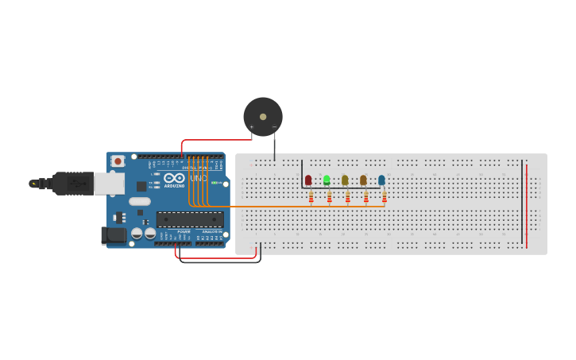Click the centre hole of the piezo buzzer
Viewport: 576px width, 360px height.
[263, 116]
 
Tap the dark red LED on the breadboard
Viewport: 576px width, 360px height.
[308, 180]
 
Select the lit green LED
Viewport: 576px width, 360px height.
[327, 180]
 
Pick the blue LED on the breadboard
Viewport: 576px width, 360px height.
[381, 180]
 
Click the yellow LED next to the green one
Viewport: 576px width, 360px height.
[345, 180]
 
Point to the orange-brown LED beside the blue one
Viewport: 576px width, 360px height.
[363, 180]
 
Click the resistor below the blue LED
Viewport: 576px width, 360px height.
[385, 196]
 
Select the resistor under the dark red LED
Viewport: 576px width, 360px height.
[311, 196]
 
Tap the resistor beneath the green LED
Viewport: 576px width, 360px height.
[330, 196]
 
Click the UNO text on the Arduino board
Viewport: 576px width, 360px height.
[198, 179]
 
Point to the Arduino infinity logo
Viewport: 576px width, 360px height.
[175, 178]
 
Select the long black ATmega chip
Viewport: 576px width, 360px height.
[189, 219]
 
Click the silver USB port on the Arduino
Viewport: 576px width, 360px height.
[109, 184]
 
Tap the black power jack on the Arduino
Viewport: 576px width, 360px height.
[114, 235]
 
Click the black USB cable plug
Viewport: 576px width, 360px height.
[72, 184]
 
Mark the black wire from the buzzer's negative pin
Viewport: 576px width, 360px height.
[275, 147]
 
